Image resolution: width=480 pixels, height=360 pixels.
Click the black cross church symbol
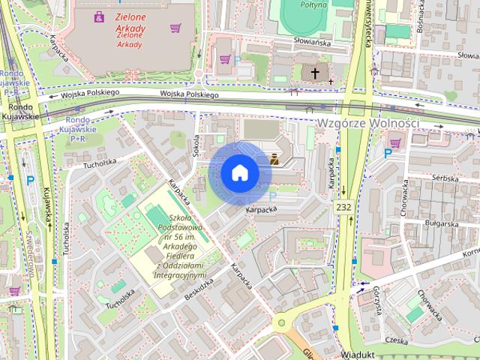[315, 73]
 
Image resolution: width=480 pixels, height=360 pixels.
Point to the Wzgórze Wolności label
[368, 122]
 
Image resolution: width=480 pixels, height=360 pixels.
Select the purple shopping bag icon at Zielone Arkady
[99, 16]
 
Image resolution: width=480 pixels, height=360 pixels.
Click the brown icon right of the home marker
[275, 158]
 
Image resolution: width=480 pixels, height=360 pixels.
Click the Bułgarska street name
[440, 223]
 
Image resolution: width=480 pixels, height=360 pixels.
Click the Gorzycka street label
[377, 303]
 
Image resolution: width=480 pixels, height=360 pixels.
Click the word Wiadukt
[356, 353]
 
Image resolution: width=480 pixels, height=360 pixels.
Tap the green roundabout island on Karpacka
[283, 323]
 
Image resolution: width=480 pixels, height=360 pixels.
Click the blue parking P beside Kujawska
[31, 180]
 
